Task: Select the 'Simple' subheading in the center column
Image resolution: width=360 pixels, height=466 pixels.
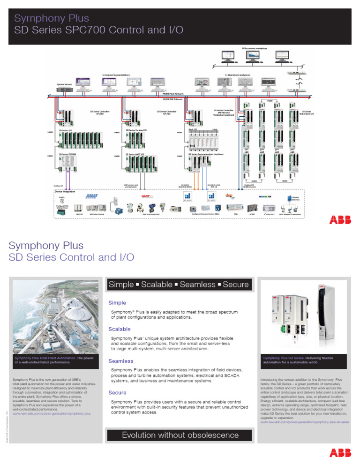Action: [117, 303]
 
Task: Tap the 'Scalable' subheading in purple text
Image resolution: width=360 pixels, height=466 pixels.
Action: [120, 329]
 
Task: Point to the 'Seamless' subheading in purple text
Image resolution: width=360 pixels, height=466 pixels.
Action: [121, 361]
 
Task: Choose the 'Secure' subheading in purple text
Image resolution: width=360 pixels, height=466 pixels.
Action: [118, 392]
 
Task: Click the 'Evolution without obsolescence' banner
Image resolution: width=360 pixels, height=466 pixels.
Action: [180, 435]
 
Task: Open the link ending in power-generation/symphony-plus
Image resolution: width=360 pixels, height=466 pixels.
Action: [52, 414]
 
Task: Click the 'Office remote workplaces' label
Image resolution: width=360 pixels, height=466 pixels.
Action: [255, 48]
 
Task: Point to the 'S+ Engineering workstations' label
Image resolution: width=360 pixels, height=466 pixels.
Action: [116, 75]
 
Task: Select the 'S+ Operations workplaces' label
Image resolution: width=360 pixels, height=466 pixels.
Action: [237, 75]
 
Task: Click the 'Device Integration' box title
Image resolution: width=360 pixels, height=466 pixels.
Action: [65, 192]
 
